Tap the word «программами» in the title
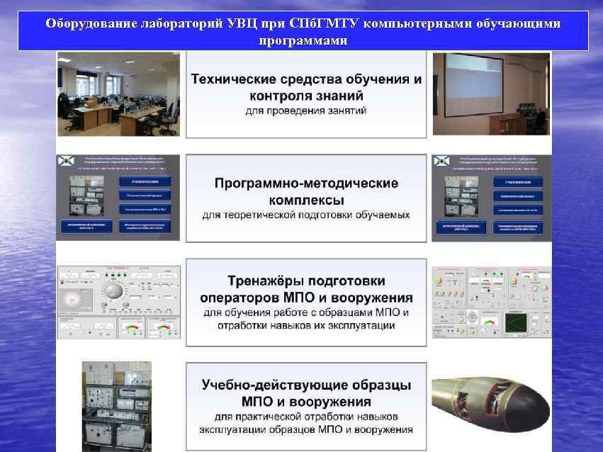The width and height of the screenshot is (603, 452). click(x=303, y=40)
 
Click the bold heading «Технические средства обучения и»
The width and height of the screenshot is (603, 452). click(x=306, y=79)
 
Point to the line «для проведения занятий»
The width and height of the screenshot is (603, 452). click(x=306, y=111)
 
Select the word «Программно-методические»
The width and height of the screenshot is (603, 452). click(x=306, y=183)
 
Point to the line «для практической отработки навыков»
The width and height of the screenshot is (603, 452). click(x=306, y=416)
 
